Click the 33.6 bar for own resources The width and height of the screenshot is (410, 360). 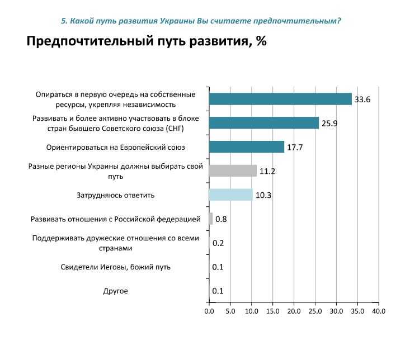(280, 99)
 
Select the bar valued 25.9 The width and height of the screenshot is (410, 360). (263, 123)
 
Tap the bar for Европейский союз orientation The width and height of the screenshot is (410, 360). (246, 147)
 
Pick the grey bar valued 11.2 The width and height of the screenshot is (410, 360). (232, 170)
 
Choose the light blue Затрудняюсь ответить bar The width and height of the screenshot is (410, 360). (230, 195)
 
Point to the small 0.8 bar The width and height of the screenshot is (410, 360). (211, 219)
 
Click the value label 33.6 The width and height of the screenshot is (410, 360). (362, 100)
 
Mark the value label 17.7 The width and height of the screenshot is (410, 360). (295, 148)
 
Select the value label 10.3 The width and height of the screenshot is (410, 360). (263, 195)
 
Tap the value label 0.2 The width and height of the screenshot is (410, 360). (218, 243)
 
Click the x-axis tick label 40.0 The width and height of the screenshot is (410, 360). (379, 311)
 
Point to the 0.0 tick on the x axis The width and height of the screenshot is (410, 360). (209, 311)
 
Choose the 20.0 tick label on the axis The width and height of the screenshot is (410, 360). (294, 311)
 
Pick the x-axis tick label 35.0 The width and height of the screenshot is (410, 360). (357, 311)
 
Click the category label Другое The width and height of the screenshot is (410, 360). (116, 291)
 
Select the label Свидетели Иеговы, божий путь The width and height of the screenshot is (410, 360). (116, 267)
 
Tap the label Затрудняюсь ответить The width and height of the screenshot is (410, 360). (115, 196)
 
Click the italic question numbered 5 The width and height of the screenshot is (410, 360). (200, 21)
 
